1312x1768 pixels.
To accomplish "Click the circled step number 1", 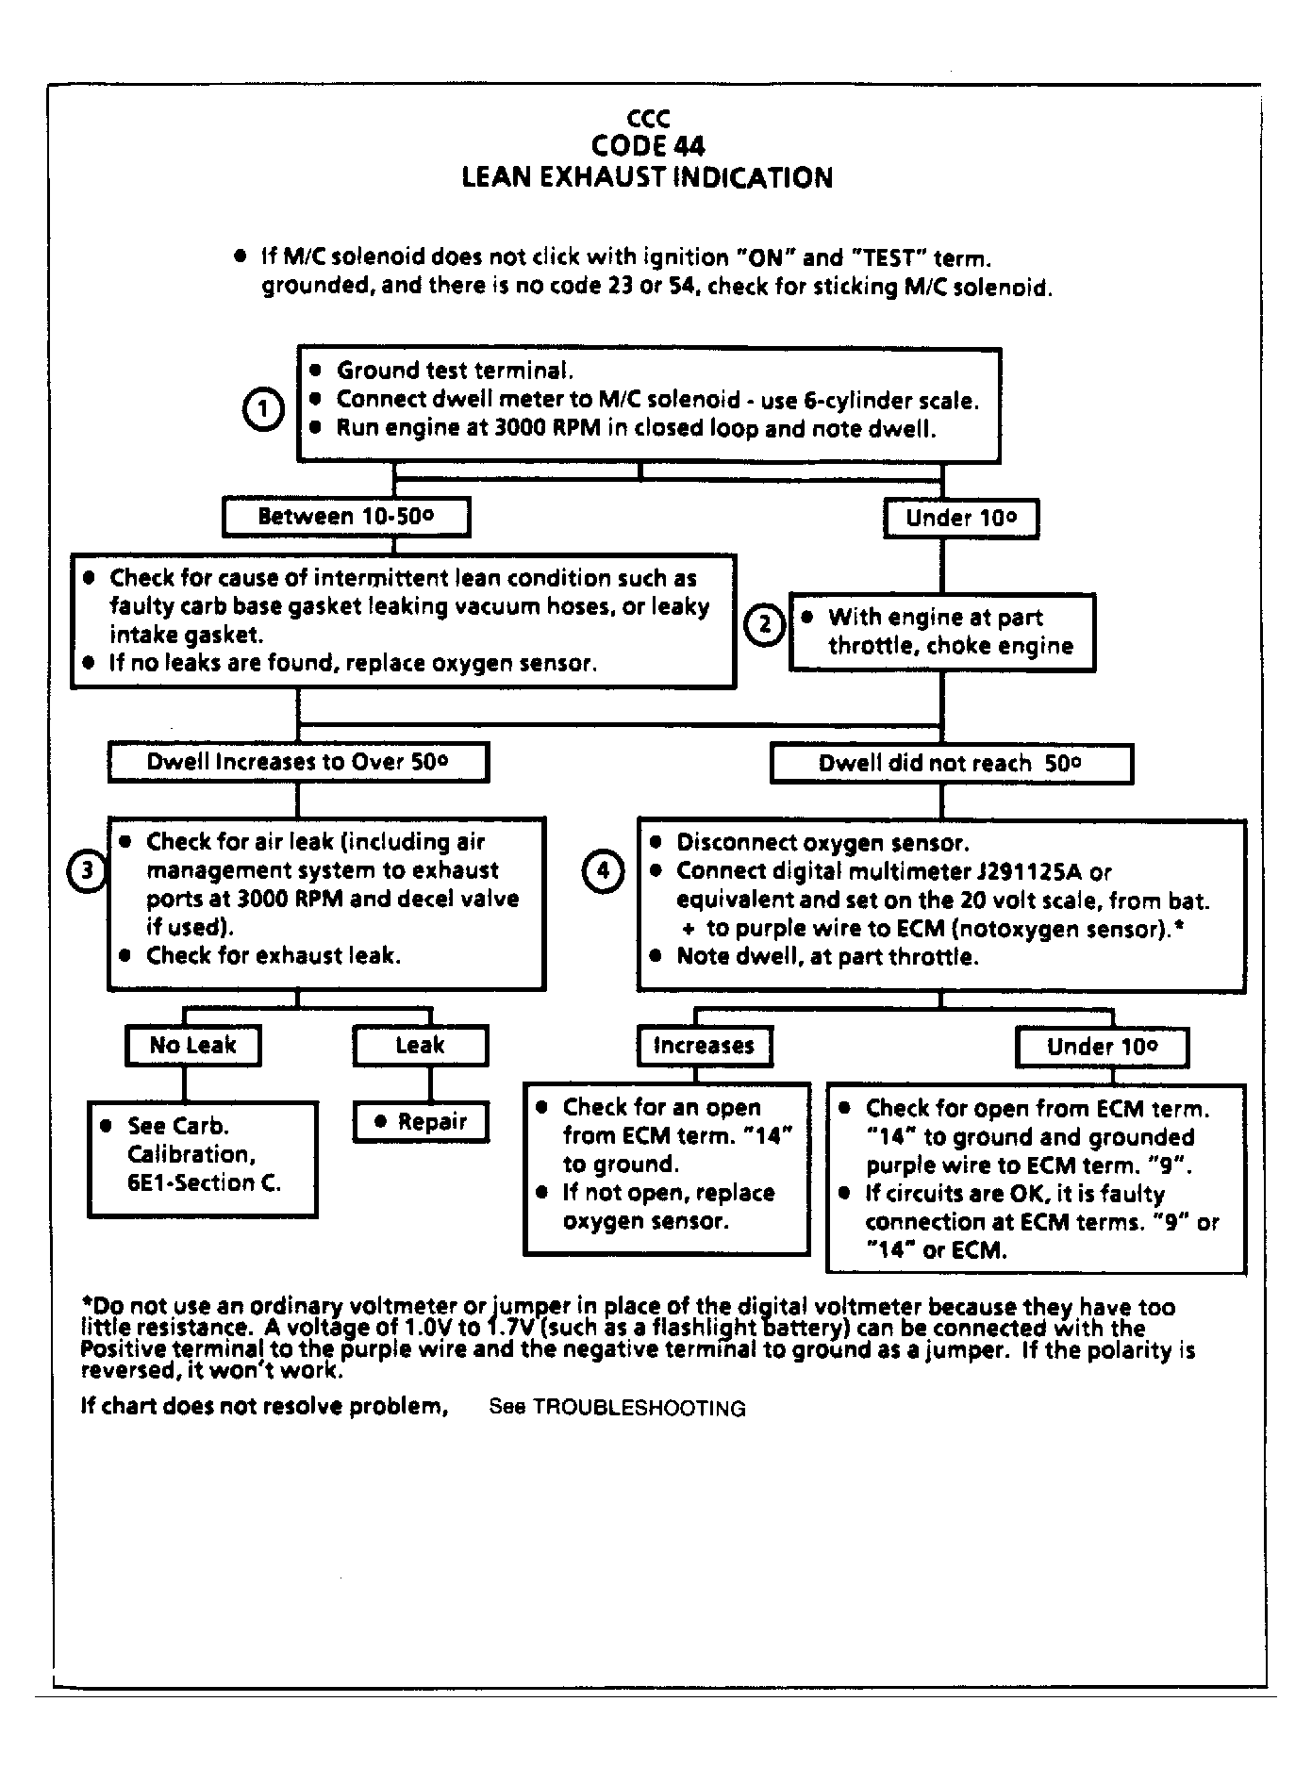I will (x=264, y=410).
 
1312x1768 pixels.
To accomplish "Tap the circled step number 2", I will (x=765, y=623).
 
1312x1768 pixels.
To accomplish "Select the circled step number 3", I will (x=87, y=869).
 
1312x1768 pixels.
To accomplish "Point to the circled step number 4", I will (x=603, y=870).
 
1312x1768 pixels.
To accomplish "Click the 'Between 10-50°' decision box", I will (x=346, y=517).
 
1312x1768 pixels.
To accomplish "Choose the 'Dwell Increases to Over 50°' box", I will (x=298, y=762).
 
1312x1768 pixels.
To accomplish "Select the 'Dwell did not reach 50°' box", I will (x=951, y=763).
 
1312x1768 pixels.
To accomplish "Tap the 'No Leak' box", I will (x=192, y=1045).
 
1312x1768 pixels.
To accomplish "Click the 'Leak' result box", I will (x=420, y=1045).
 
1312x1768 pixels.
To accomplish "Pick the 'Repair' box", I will (x=421, y=1121).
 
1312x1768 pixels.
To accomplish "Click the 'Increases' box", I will (x=704, y=1046).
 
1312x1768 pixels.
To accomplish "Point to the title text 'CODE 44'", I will (x=648, y=145).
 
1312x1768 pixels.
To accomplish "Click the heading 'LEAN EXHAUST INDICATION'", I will (x=647, y=177).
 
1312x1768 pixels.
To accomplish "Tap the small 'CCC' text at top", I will (x=648, y=119).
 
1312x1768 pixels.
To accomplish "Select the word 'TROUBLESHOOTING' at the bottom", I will (x=639, y=1408).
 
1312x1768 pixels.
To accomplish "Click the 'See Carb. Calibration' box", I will (x=202, y=1159).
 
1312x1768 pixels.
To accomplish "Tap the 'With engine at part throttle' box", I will (x=941, y=632).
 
